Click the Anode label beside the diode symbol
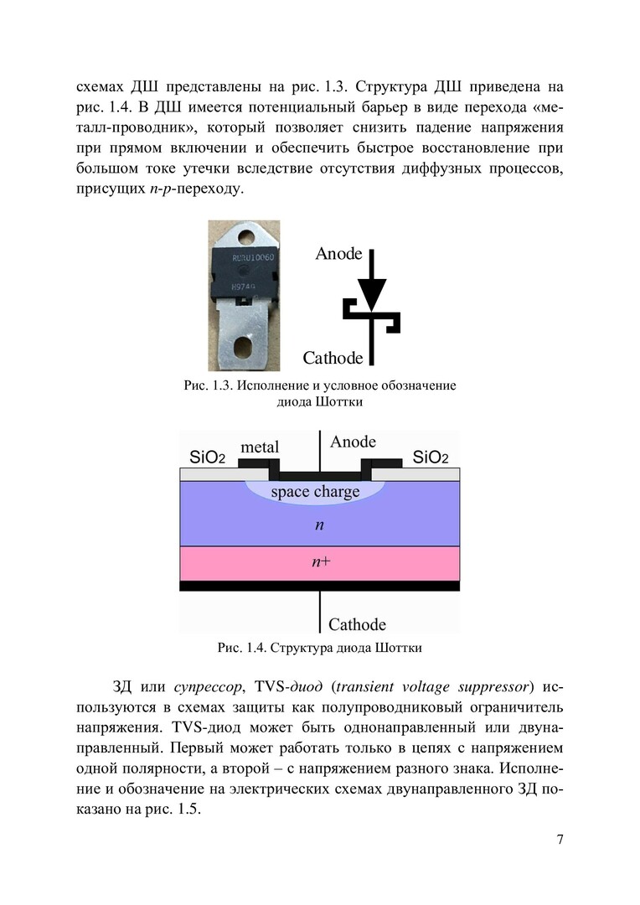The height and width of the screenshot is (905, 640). click(x=338, y=254)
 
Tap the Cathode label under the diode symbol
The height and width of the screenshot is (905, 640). click(x=333, y=359)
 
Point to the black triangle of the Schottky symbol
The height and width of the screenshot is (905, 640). click(x=372, y=293)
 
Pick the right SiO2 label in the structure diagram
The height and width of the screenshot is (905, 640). click(x=431, y=458)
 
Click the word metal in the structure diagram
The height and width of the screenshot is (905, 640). click(x=260, y=447)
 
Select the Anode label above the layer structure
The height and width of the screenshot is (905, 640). click(x=354, y=442)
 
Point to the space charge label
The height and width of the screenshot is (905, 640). click(x=315, y=492)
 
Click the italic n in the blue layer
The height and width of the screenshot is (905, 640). click(x=319, y=525)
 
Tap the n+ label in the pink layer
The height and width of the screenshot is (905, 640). click(x=320, y=562)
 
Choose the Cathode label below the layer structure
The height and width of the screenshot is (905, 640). click(x=357, y=624)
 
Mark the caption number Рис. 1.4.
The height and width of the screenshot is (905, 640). click(x=240, y=648)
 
